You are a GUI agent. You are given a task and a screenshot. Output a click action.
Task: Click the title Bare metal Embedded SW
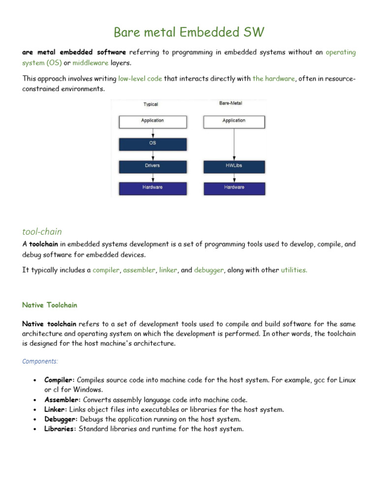click(189, 32)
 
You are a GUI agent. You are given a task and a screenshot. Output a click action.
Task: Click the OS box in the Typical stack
click(153, 144)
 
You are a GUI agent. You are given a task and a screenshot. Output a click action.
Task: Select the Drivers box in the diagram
click(153, 166)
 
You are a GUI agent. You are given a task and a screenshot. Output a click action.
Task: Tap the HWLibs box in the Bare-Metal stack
click(234, 166)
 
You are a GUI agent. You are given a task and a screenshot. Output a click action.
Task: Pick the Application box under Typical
click(153, 121)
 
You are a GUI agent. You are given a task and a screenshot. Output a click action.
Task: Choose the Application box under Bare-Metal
click(234, 121)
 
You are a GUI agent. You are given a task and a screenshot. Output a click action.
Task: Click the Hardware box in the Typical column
click(153, 188)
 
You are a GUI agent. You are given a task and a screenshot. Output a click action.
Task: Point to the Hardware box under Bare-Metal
click(234, 188)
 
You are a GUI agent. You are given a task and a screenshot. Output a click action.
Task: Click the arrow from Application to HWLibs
click(234, 144)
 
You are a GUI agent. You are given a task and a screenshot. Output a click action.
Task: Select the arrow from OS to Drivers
click(153, 155)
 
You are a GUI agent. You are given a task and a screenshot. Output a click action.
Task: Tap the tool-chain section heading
click(42, 231)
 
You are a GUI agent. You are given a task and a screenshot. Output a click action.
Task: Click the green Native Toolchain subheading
click(50, 305)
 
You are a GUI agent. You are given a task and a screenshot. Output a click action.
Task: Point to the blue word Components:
click(40, 361)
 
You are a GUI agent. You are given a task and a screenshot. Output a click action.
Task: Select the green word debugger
click(209, 270)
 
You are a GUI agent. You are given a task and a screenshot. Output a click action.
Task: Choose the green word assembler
click(139, 270)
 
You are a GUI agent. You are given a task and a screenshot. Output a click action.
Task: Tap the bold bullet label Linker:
click(56, 409)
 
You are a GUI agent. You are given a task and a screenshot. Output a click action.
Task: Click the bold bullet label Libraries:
click(60, 429)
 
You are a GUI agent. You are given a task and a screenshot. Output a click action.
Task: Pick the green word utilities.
click(294, 270)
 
